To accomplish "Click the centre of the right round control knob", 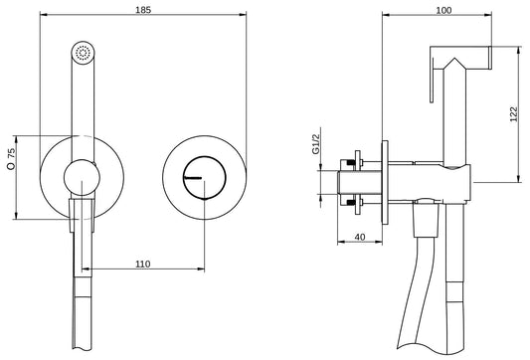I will tap(202, 174).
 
